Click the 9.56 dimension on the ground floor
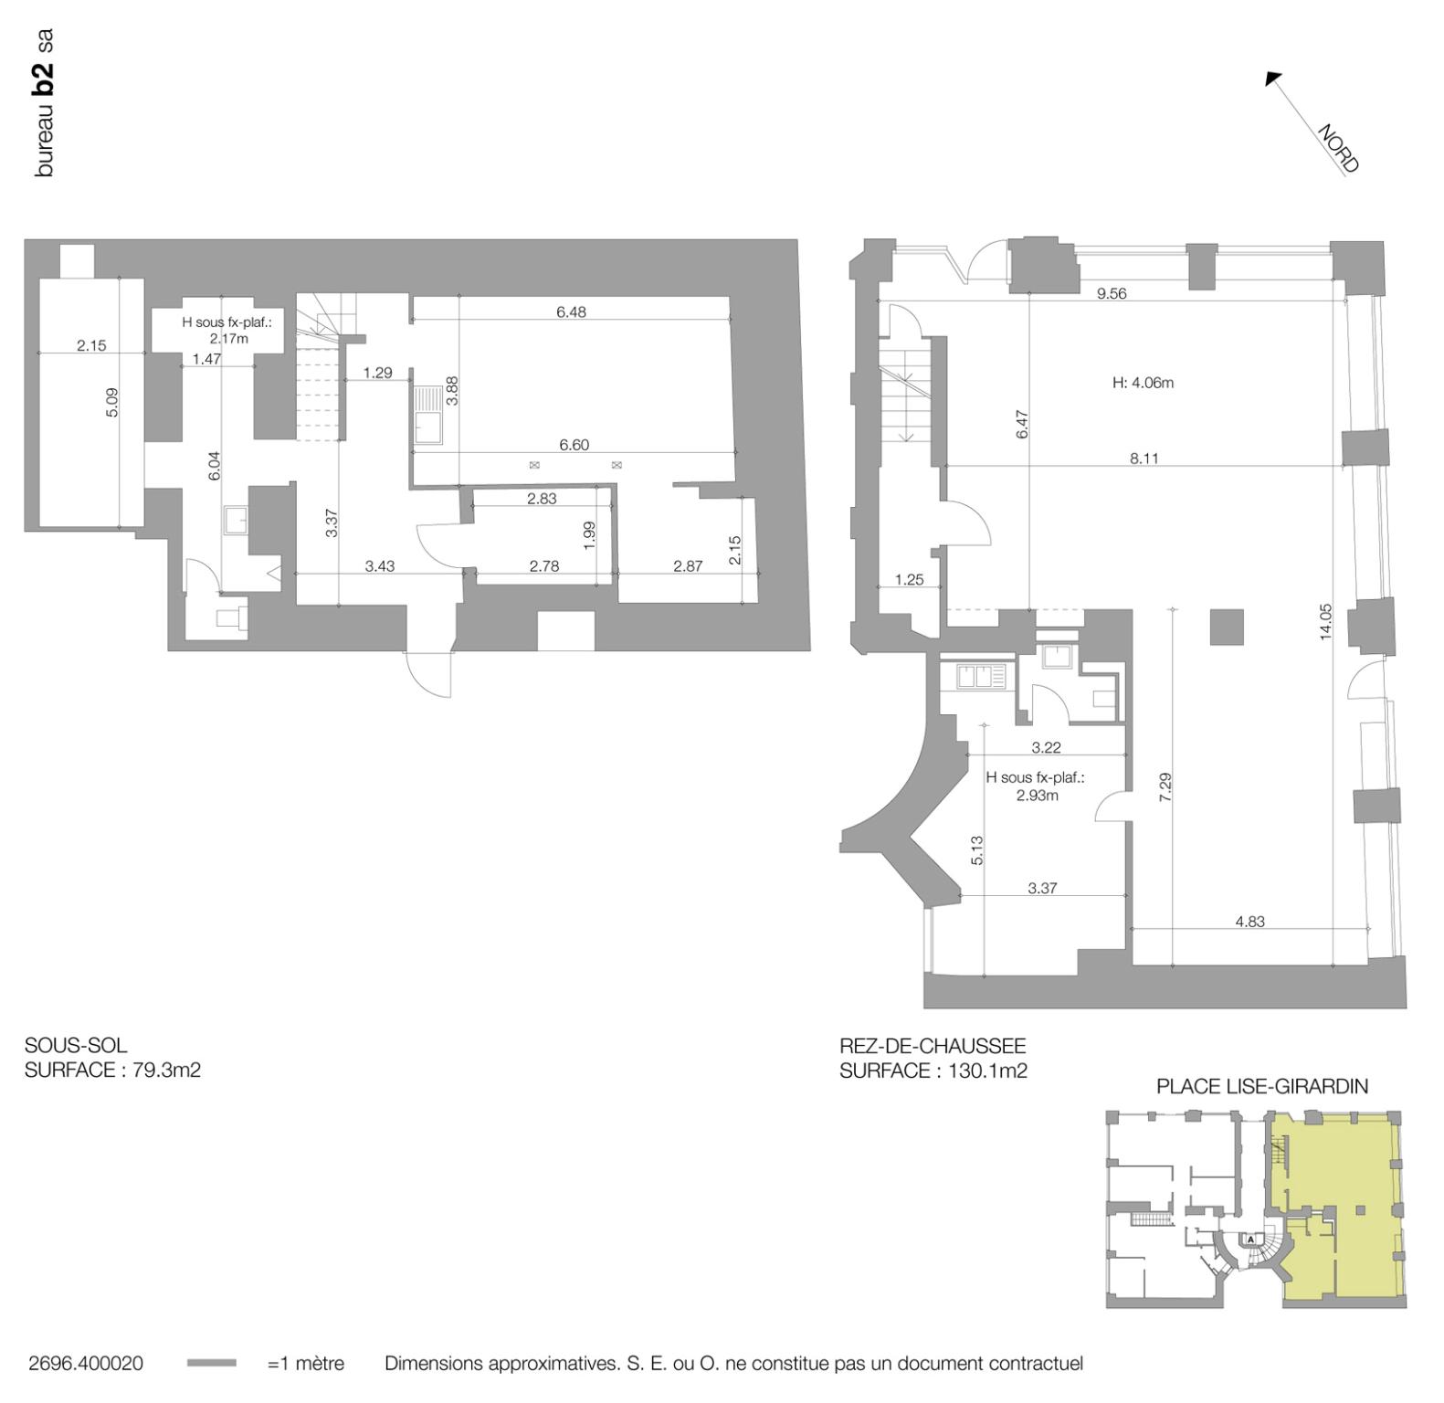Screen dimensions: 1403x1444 1111,293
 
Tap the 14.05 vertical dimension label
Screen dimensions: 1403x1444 1325,621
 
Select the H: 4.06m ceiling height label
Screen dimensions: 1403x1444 1143,383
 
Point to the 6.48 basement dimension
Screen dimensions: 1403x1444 571,311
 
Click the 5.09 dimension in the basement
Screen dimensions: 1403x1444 112,403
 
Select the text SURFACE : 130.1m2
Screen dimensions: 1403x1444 933,1071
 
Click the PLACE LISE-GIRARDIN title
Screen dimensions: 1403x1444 1261,1086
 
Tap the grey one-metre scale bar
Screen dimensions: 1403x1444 211,1363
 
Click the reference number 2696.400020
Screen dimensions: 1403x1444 86,1363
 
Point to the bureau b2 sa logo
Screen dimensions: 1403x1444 43,102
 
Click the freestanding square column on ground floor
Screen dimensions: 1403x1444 1227,627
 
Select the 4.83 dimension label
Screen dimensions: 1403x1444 1249,921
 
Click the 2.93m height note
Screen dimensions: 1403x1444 1037,795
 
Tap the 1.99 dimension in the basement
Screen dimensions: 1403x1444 588,534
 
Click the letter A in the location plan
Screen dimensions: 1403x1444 1251,1239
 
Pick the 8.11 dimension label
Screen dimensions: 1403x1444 1144,458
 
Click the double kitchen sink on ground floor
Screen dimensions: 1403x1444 979,677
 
